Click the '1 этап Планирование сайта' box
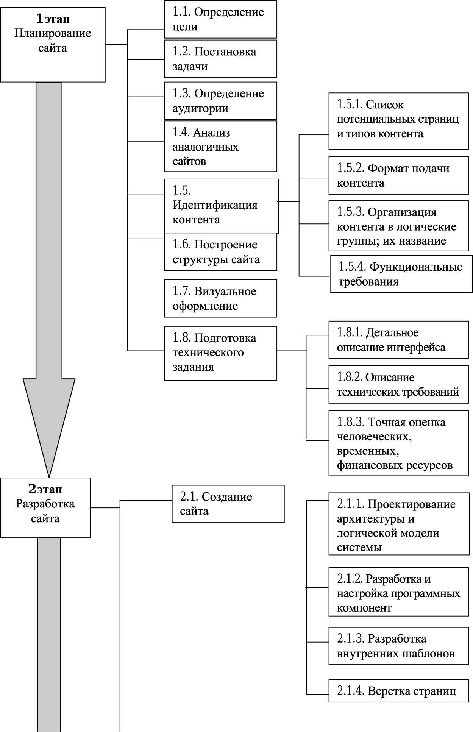(x=53, y=45)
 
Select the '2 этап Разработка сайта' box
(x=45, y=507)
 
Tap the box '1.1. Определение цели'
(x=220, y=19)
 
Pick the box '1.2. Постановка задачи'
(x=220, y=59)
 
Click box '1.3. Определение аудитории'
(x=220, y=101)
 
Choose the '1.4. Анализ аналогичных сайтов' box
(x=220, y=147)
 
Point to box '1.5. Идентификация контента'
(x=221, y=206)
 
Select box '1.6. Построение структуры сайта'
(x=220, y=252)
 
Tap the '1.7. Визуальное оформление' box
(x=220, y=298)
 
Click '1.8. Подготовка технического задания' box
(x=220, y=353)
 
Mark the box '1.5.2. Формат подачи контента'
(x=398, y=176)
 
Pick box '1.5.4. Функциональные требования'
(x=401, y=274)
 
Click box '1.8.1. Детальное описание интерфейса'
(x=398, y=340)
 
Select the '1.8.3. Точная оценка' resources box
(x=398, y=443)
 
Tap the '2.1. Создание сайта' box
(x=228, y=504)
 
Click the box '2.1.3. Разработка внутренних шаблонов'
(x=398, y=646)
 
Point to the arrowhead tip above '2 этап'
(x=49, y=477)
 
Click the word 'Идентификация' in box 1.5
(x=215, y=205)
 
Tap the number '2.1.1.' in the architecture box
(x=351, y=504)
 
